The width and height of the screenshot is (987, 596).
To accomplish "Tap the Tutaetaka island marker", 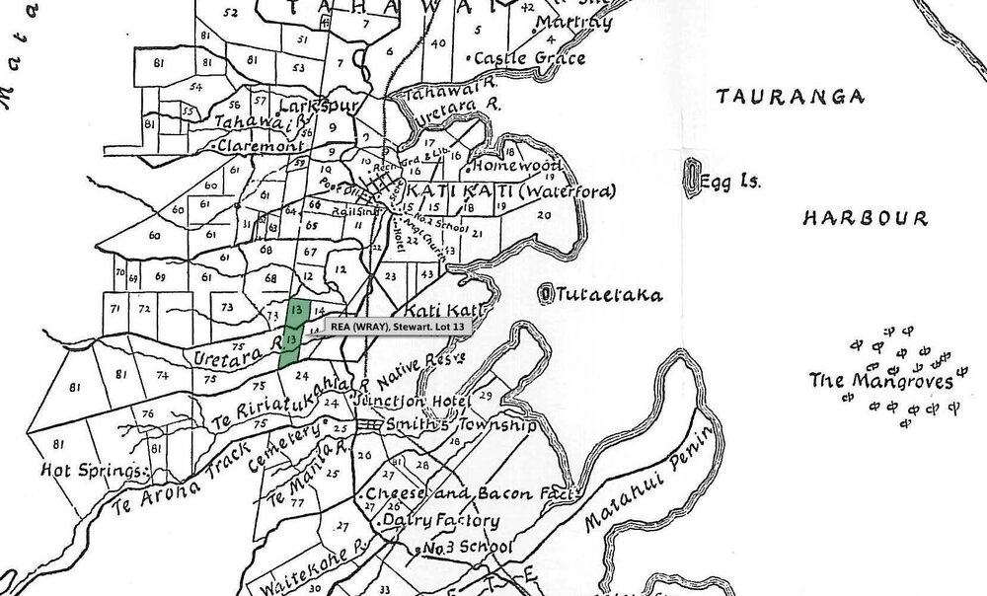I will (x=548, y=293).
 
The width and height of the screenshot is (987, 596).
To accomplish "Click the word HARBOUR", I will (x=864, y=217).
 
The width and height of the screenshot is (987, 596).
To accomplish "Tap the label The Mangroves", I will (x=881, y=381).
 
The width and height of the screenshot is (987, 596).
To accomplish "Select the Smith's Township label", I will (x=448, y=426).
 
